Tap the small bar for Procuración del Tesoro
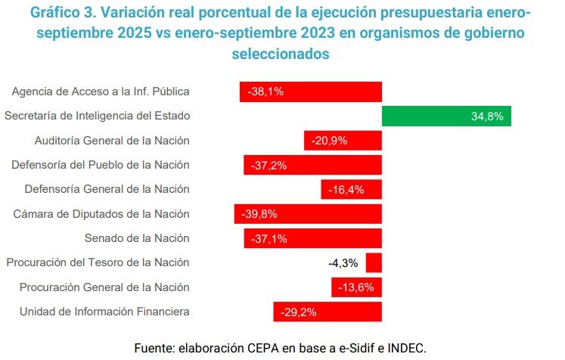tap(374, 263)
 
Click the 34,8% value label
tap(487, 116)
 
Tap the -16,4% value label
tap(347, 190)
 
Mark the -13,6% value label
tap(357, 287)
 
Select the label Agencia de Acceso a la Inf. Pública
tap(101, 92)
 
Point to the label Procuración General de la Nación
tap(104, 287)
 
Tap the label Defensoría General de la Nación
tap(107, 189)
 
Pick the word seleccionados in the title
tap(281, 54)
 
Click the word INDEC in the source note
tap(407, 348)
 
